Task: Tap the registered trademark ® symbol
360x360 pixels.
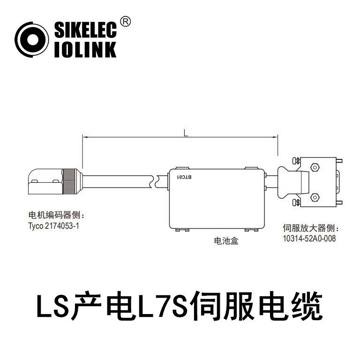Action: [125, 22]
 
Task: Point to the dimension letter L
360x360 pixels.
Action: [186, 133]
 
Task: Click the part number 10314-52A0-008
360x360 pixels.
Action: [309, 238]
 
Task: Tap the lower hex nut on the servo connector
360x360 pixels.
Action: [314, 198]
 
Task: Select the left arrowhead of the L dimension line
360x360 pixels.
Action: [85, 137]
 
